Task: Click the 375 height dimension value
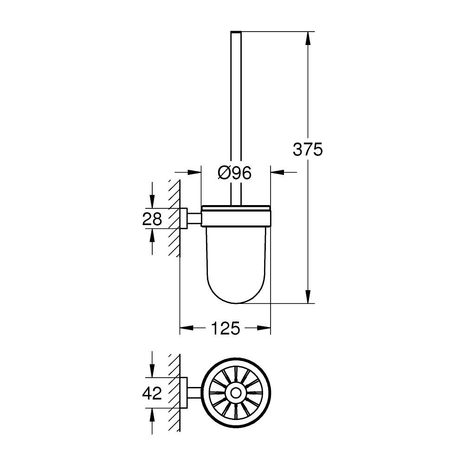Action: pos(307,149)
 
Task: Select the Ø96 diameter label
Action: pos(234,173)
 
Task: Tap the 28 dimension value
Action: pos(152,219)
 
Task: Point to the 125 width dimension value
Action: pos(226,329)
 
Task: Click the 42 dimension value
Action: pos(152,393)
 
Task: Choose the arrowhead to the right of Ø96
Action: pos(277,173)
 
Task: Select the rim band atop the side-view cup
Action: pos(236,209)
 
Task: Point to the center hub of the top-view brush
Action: pos(236,393)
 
